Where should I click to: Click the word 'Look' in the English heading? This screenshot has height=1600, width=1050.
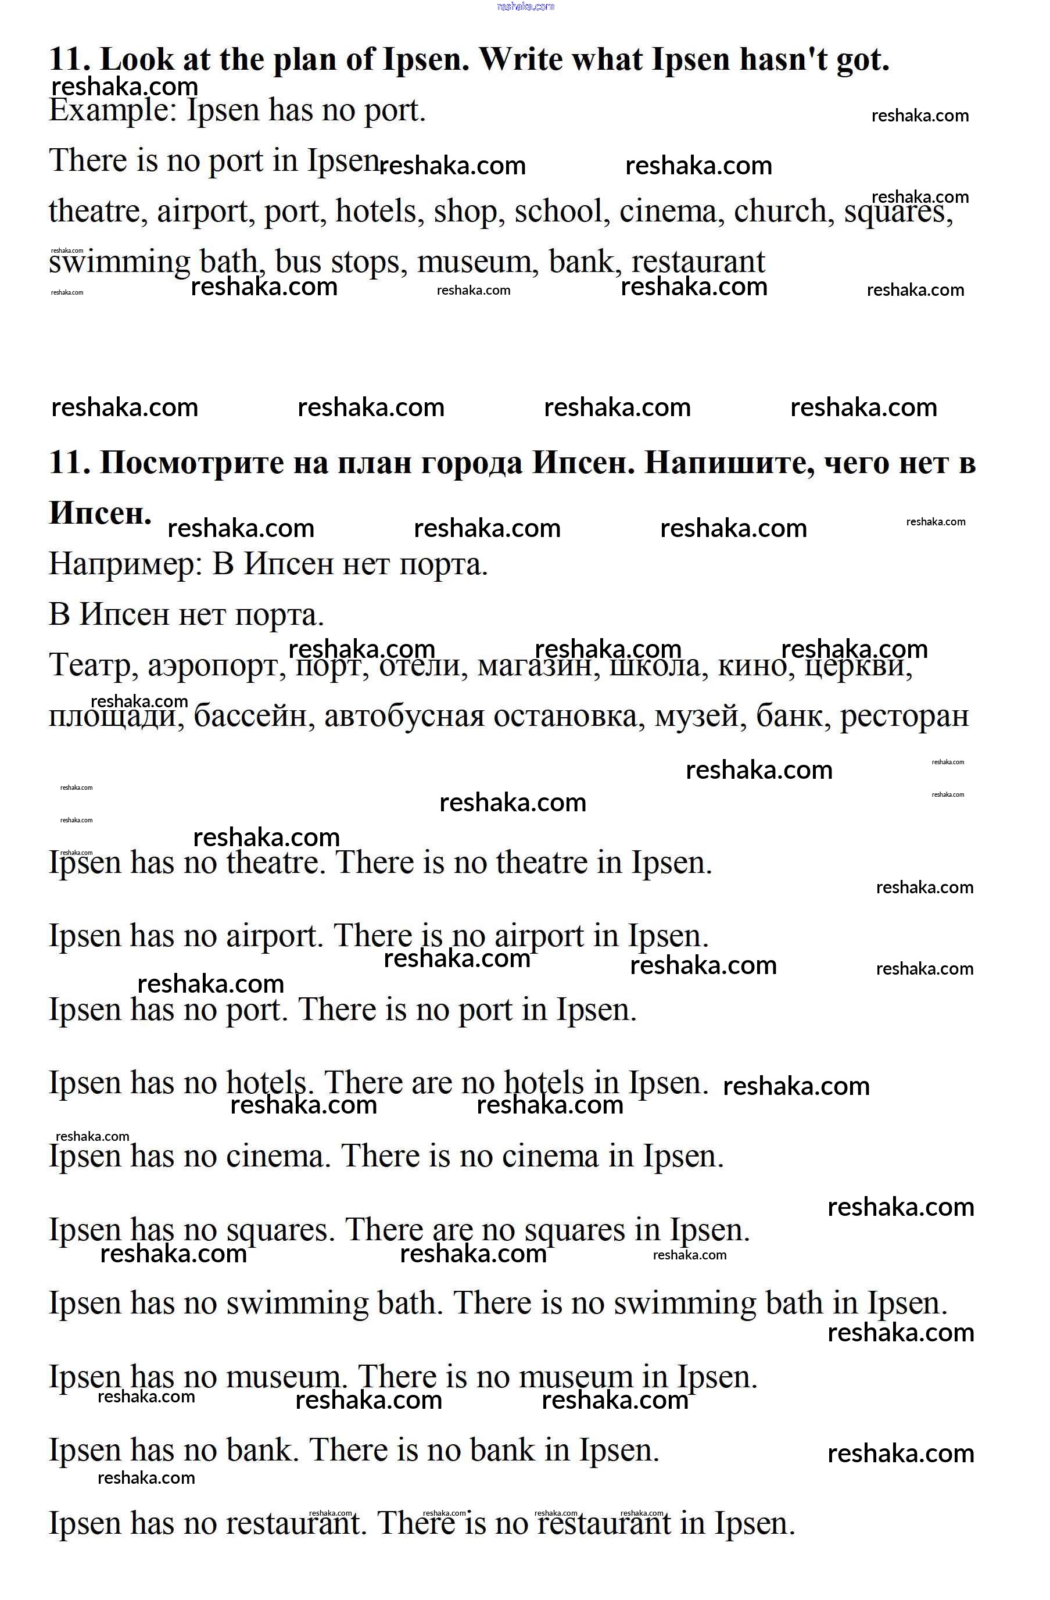click(137, 59)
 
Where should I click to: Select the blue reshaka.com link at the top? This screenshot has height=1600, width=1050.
click(526, 7)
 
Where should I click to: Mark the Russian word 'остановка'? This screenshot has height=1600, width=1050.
click(569, 716)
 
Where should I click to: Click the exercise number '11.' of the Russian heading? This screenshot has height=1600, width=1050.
click(69, 463)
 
